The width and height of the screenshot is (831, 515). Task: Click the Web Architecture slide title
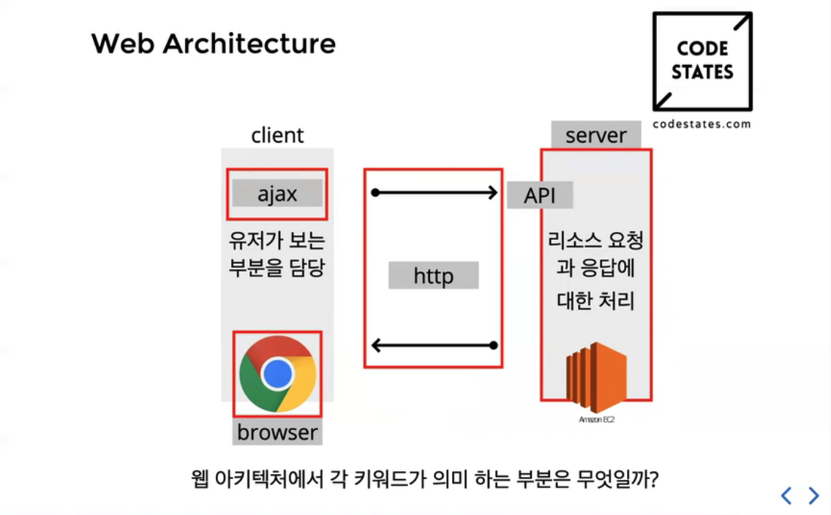[213, 44]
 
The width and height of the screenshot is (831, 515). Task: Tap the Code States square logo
[702, 61]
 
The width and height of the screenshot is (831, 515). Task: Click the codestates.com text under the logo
[702, 124]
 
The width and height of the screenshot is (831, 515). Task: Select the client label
[277, 135]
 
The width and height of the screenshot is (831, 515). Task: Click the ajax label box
[277, 194]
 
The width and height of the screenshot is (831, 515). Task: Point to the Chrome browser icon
[277, 374]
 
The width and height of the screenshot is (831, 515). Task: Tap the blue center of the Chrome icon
[277, 374]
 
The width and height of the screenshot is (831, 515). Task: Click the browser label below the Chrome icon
[278, 432]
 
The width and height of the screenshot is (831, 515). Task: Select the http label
[434, 276]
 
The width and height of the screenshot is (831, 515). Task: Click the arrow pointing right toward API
[435, 193]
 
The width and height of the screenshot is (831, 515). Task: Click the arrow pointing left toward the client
[435, 345]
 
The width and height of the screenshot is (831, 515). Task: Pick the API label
[540, 195]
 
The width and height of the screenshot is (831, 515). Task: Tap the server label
[596, 135]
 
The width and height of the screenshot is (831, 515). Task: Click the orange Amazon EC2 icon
[595, 377]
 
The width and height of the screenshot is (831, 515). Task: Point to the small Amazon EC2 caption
[595, 420]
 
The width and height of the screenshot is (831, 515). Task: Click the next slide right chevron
[813, 496]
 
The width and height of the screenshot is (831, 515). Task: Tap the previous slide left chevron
[786, 496]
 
